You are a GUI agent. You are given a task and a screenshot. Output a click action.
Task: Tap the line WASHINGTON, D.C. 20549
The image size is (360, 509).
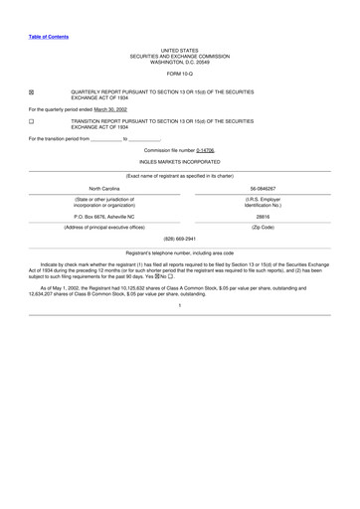(180, 62)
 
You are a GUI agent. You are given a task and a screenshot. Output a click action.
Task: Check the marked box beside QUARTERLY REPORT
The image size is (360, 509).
(31, 91)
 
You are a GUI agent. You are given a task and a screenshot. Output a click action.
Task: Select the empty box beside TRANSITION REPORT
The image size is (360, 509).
(31, 121)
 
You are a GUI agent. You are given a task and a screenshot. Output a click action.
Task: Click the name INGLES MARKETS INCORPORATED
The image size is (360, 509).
(180, 160)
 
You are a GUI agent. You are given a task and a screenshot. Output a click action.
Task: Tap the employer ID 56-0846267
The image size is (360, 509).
(264, 187)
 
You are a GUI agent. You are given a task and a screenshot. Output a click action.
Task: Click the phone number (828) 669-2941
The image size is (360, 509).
(180, 239)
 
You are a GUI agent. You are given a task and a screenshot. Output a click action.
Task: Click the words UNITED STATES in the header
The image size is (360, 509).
(180, 49)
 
